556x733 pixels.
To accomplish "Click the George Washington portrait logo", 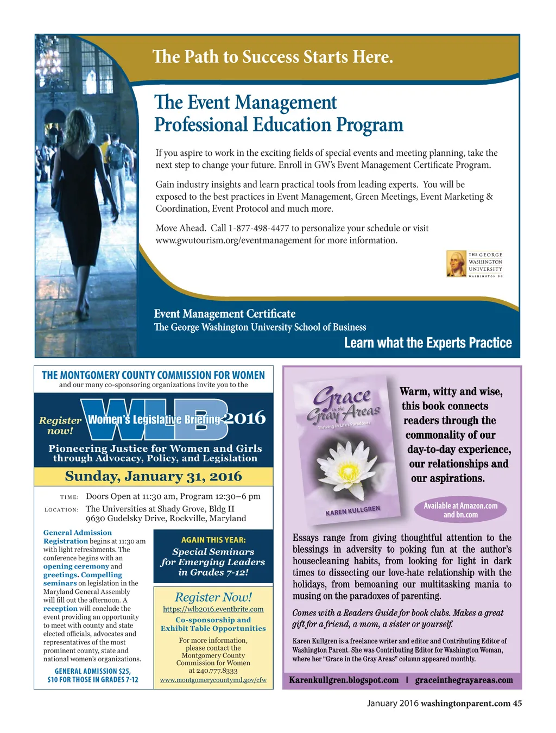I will click(x=456, y=263).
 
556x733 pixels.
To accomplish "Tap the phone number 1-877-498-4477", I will click(x=258, y=229).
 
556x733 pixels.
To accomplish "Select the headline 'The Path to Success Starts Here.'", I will click(x=273, y=57).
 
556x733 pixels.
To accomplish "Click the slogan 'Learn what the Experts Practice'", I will click(x=428, y=343).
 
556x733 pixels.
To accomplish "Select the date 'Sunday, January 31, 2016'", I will click(x=153, y=477).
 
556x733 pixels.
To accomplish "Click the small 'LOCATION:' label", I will click(x=61, y=510).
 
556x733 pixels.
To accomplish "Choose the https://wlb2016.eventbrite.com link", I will click(x=213, y=609).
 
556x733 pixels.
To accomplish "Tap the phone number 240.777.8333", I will click(x=213, y=671).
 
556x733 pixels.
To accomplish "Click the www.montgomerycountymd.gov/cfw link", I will click(x=213, y=680).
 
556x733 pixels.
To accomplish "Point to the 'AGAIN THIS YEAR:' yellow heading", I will click(x=213, y=540).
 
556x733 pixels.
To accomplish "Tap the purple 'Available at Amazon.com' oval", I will click(x=460, y=510).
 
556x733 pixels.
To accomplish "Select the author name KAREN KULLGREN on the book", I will click(x=353, y=511).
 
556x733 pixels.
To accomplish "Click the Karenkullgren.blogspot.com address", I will click(x=344, y=680).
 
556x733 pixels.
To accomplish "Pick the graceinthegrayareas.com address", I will click(x=464, y=680).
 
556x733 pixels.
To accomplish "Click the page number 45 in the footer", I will click(x=517, y=704).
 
